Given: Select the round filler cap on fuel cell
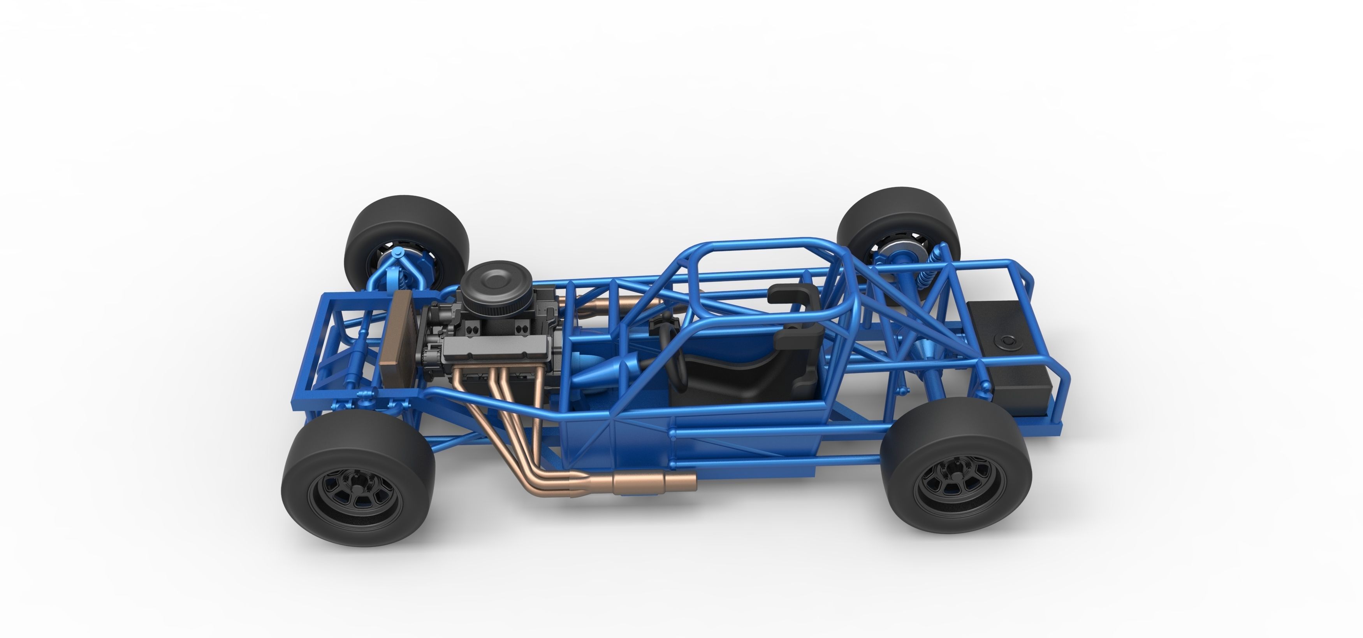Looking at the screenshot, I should coord(1008,342).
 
